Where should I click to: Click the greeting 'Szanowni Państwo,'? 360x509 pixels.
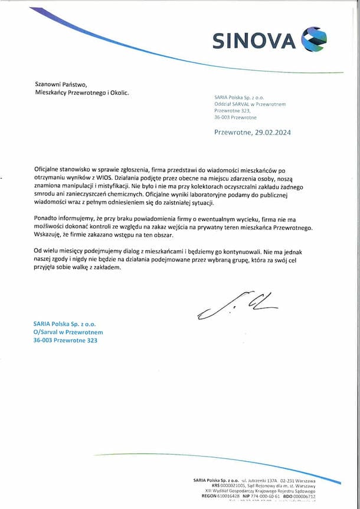tap(61, 84)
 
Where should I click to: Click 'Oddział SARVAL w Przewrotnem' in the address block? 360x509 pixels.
tap(250, 104)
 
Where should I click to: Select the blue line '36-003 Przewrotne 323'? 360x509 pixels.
tap(65, 340)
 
